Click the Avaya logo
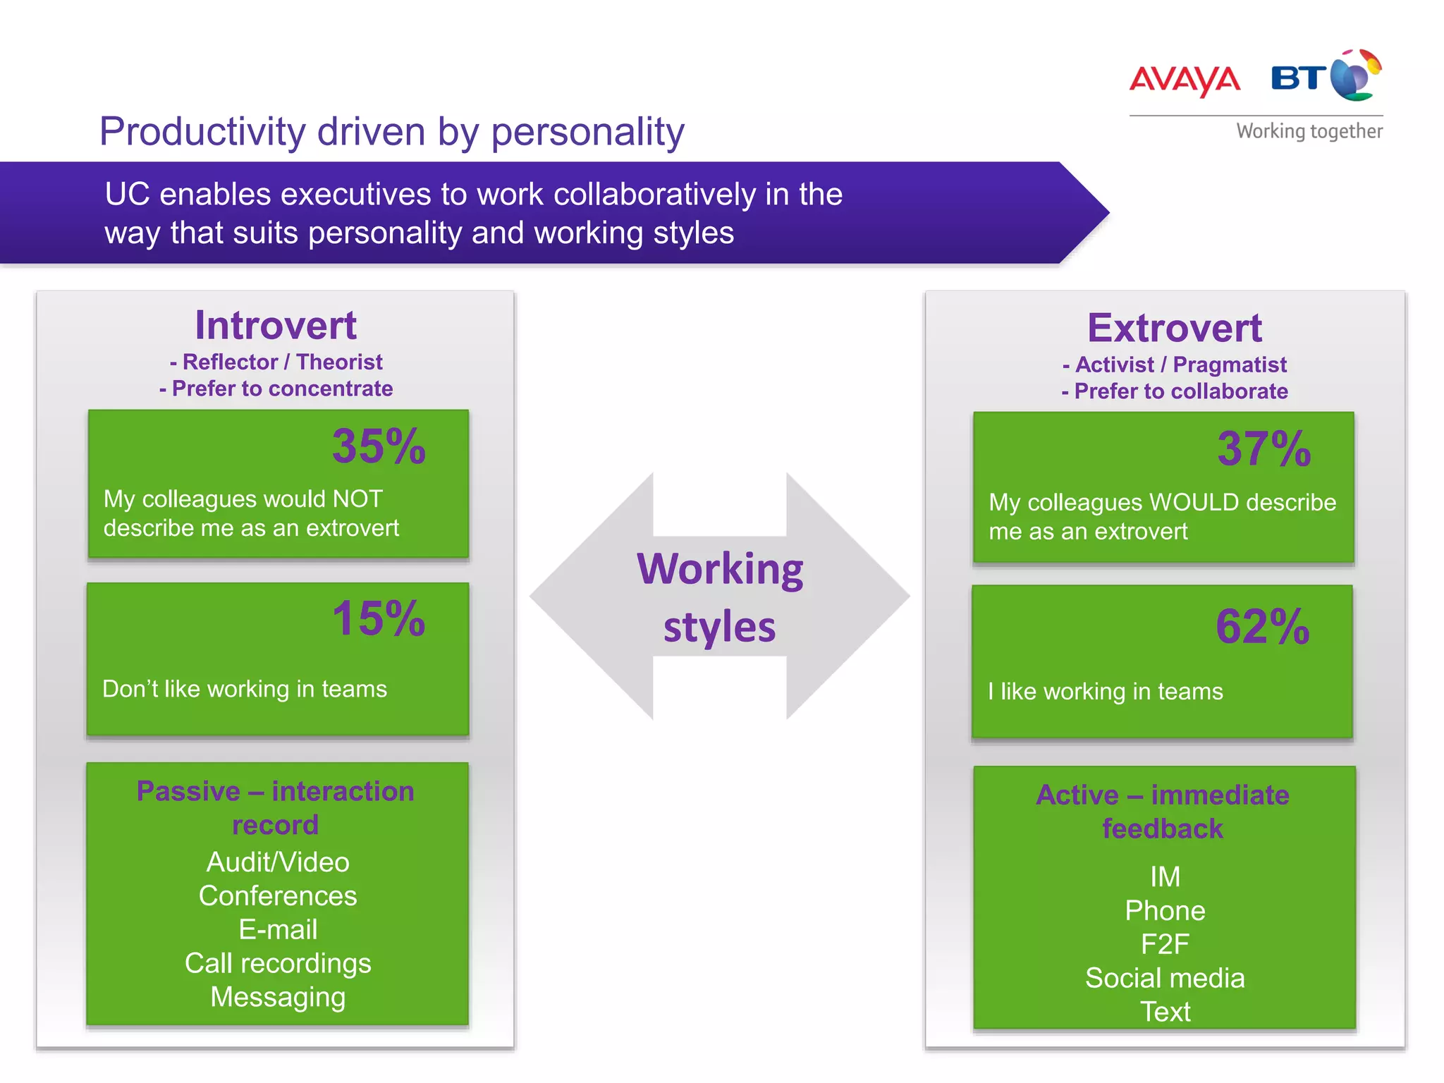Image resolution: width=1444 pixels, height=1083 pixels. pos(1185,80)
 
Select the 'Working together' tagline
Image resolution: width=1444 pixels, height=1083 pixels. pos(1309,131)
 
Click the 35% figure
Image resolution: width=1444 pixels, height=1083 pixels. pos(379,446)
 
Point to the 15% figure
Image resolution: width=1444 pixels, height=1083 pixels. pos(379,619)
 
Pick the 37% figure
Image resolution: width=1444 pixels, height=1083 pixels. pos(1263,449)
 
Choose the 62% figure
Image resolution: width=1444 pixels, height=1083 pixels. pos(1262,626)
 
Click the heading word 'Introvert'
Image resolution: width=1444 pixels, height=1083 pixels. pos(276,326)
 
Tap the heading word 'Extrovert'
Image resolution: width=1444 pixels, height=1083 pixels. pos(1174,329)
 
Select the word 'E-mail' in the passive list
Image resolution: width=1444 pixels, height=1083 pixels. pos(278,929)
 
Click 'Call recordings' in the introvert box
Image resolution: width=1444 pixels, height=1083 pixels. pos(278,963)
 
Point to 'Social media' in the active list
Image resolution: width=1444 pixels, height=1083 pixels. pos(1165,978)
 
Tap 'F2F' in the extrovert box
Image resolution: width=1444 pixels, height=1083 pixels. pos(1165,944)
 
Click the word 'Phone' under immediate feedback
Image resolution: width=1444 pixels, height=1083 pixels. pos(1165,910)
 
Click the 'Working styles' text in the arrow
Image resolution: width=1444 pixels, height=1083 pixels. pos(719,597)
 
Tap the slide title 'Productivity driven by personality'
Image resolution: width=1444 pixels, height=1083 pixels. pos(391,132)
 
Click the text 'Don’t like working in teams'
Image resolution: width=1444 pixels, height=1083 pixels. pos(245,689)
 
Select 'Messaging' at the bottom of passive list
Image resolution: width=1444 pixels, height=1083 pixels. pos(278,997)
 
